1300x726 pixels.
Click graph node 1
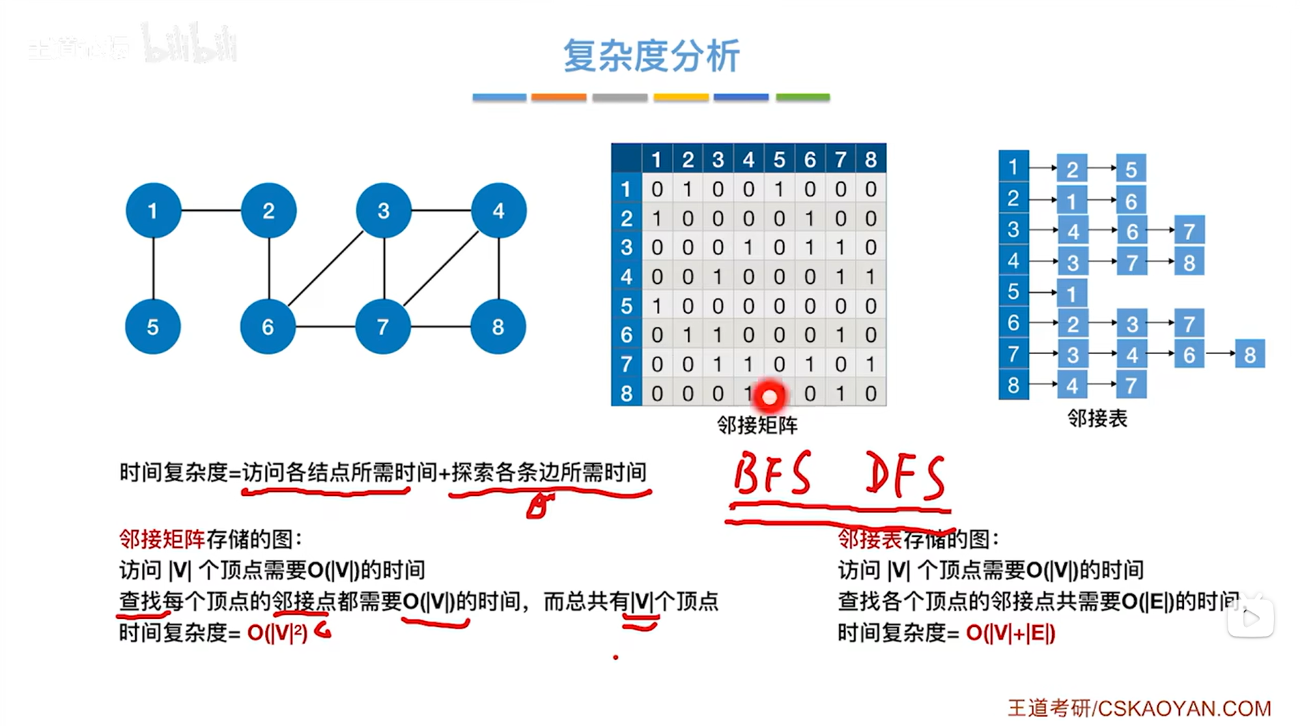154,210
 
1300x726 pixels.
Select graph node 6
268,327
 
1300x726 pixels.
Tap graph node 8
498,327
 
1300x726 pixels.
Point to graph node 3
384,210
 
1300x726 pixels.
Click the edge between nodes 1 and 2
211,210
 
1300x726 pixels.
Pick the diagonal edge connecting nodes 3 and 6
326,269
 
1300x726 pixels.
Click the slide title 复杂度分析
651,56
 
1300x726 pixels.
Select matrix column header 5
779,160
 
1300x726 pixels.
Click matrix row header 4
626,277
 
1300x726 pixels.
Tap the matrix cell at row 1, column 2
688,189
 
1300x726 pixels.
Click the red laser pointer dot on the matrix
769,396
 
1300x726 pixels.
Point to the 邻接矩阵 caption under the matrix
757,426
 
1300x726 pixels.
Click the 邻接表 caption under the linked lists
1097,418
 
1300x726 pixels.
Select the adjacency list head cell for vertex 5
1013,292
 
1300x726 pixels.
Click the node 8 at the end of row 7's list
1249,355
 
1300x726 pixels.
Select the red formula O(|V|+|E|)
1011,633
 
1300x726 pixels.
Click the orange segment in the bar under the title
559,98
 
